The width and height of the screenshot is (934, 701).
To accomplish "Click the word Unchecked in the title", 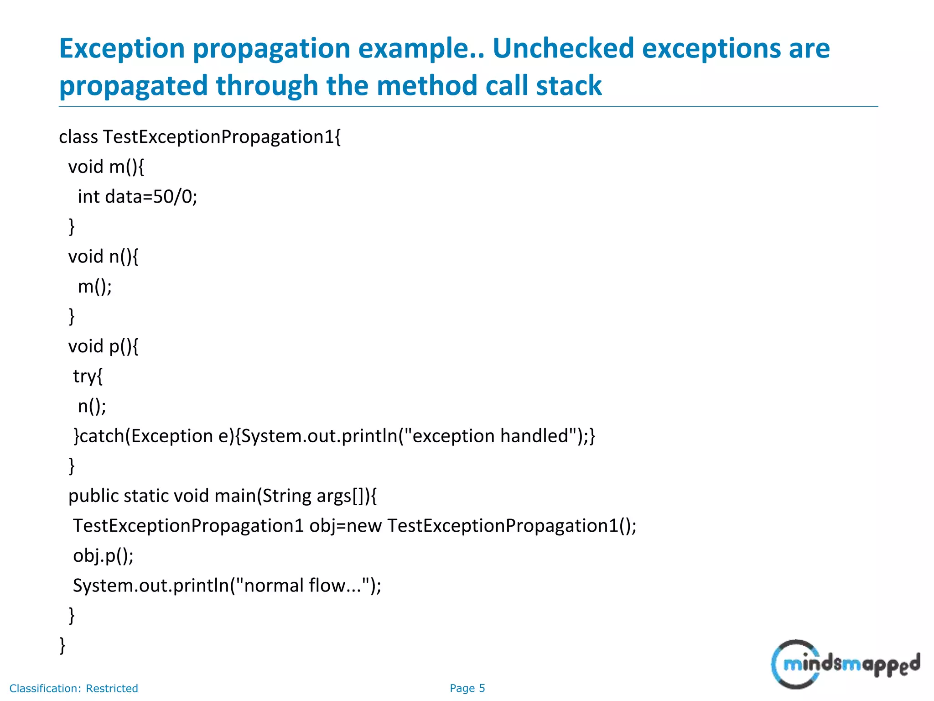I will (563, 48).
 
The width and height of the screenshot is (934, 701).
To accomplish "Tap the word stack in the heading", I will (569, 86).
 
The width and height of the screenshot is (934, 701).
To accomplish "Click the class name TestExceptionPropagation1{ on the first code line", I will (222, 137).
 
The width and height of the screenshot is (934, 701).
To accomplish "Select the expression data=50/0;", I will (151, 197).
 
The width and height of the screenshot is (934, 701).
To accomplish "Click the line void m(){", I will (106, 167).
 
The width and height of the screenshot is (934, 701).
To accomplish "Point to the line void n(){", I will (103, 256).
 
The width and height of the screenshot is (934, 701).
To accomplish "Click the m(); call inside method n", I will (95, 287).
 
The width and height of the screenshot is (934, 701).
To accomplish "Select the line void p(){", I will (103, 346).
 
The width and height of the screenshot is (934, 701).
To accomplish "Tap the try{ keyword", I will (88, 377).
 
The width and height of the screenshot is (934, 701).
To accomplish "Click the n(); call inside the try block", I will (92, 406).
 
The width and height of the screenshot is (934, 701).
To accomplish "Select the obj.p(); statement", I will (103, 556).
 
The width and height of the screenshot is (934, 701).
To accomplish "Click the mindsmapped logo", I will (845, 664).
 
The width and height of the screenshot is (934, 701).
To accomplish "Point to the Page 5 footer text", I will (467, 688).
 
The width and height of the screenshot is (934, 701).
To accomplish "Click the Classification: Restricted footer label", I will (73, 688).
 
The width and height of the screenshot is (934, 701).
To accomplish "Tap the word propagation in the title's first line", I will (271, 48).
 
